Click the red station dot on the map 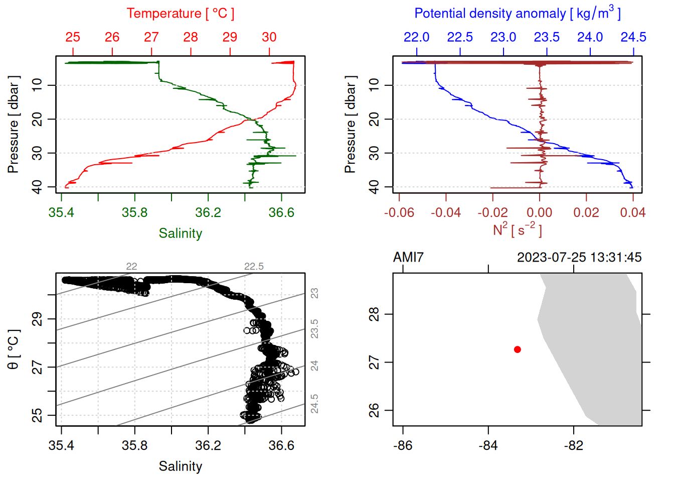click(x=517, y=349)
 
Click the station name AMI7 click(x=408, y=258)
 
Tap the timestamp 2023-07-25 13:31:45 click(x=579, y=258)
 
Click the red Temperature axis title click(x=180, y=14)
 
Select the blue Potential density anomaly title click(x=517, y=13)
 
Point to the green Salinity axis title click(x=180, y=233)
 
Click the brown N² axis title click(x=517, y=229)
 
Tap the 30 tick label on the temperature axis click(x=269, y=37)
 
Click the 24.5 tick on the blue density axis click(x=633, y=37)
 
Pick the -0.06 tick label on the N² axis click(x=399, y=213)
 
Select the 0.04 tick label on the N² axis click(x=633, y=213)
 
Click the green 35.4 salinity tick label click(x=61, y=213)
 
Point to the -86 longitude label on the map click(x=403, y=446)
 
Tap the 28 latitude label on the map click(x=374, y=314)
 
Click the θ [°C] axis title click(x=14, y=349)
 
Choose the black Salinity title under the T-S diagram click(x=180, y=466)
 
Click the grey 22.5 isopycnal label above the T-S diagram click(x=254, y=267)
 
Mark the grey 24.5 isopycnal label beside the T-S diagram click(x=314, y=404)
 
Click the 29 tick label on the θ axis click(x=37, y=319)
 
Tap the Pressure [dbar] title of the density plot click(x=350, y=125)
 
